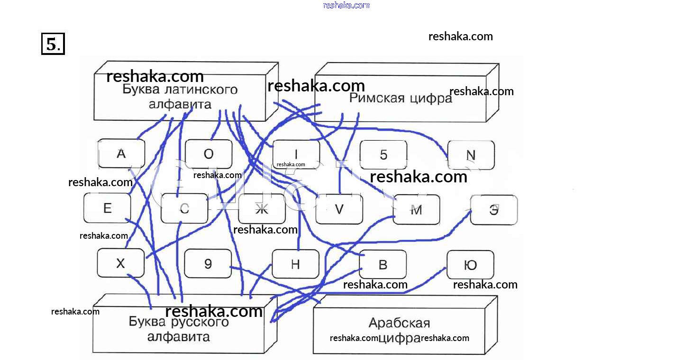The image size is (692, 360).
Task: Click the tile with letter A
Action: [x=121, y=154]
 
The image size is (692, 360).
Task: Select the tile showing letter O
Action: [x=209, y=154]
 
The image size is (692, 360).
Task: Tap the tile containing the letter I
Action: [x=296, y=154]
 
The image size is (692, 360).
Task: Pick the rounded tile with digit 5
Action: [x=383, y=154]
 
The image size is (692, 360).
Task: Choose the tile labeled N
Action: [x=471, y=155]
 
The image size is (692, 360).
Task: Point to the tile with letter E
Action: [x=107, y=208]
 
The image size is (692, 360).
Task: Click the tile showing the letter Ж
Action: [x=262, y=209]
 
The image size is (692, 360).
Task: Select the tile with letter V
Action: [x=339, y=209]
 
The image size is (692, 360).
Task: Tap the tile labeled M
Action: [x=416, y=209]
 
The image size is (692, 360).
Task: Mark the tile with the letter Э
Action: [x=494, y=209]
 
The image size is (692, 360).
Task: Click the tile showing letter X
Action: [x=120, y=263]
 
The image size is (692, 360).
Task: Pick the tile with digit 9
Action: [x=208, y=263]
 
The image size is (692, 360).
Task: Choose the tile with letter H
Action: [x=295, y=264]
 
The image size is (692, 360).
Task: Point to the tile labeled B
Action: [x=382, y=264]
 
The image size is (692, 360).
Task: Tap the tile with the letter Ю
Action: [x=470, y=264]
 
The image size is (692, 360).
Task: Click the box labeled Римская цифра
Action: [x=401, y=99]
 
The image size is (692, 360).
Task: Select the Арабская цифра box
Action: [x=399, y=330]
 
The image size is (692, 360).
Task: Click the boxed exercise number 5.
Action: [x=53, y=44]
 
